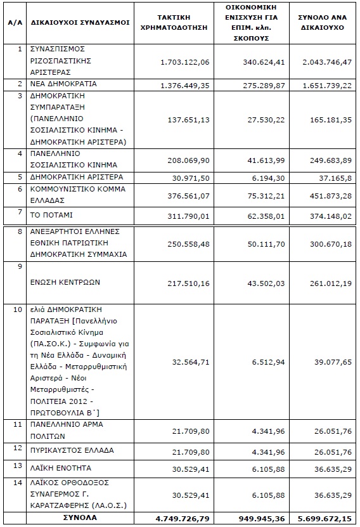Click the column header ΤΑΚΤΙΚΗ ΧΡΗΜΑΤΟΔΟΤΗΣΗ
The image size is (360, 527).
click(x=174, y=23)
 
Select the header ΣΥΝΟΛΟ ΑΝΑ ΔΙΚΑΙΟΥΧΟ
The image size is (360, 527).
click(x=323, y=23)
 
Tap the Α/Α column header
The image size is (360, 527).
click(x=15, y=23)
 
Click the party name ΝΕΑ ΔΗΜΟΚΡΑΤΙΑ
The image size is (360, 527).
click(x=63, y=84)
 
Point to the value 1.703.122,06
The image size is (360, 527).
click(x=184, y=62)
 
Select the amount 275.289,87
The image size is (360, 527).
click(x=264, y=86)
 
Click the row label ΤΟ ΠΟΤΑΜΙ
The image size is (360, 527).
click(x=51, y=215)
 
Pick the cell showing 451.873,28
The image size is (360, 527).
click(x=331, y=195)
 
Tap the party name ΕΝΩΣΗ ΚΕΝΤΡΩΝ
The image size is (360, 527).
click(x=65, y=282)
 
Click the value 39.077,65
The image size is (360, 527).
click(x=333, y=362)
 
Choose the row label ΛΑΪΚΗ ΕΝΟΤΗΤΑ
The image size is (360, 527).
click(x=61, y=468)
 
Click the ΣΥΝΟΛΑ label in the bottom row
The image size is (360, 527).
click(x=80, y=517)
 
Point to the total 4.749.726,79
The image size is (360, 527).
click(x=183, y=519)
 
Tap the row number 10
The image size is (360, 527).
click(x=18, y=309)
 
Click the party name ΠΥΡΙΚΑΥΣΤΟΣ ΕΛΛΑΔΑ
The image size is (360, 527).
click(x=72, y=450)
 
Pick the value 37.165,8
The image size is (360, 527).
click(x=335, y=178)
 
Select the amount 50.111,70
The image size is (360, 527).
click(x=266, y=244)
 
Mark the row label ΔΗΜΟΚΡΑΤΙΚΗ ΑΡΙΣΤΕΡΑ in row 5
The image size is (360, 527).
click(x=77, y=177)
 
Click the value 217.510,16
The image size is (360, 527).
click(x=188, y=283)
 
